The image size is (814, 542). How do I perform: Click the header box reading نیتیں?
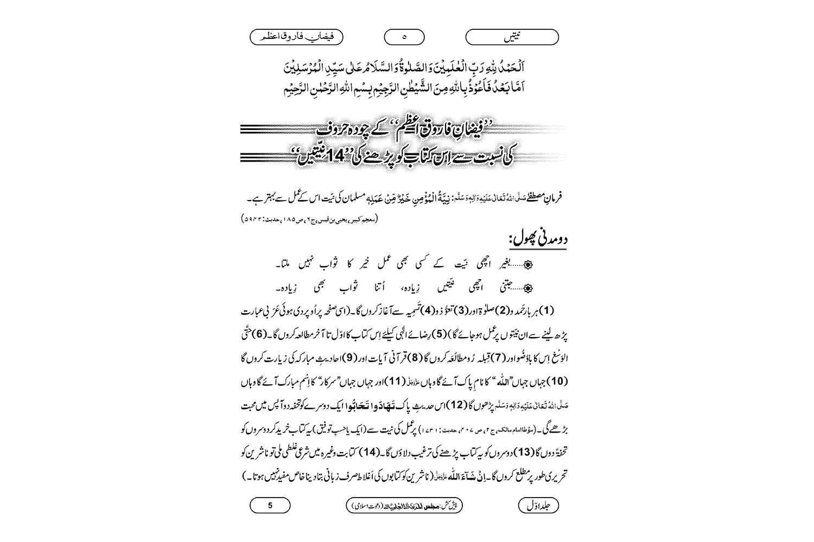[512, 37]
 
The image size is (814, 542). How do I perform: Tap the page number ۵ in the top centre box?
[404, 37]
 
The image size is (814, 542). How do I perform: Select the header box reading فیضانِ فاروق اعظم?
[296, 37]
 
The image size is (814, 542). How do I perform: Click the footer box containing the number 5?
[270, 506]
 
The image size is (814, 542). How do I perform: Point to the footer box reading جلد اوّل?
[538, 506]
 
